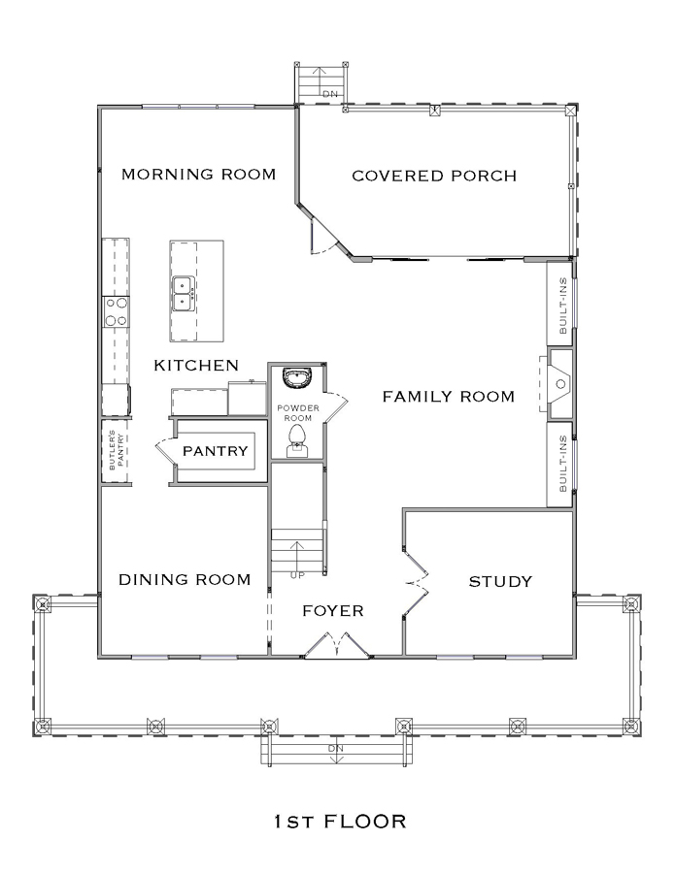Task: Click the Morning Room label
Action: pyautogui.click(x=198, y=175)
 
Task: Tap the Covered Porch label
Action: pyautogui.click(x=434, y=176)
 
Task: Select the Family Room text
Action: pyautogui.click(x=448, y=397)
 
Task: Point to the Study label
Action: pyautogui.click(x=500, y=582)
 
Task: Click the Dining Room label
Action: pyautogui.click(x=185, y=580)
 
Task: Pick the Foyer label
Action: pyautogui.click(x=333, y=611)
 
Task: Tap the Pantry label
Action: pyautogui.click(x=216, y=450)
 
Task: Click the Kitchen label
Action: pyautogui.click(x=196, y=366)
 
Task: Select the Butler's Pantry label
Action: pyautogui.click(x=116, y=450)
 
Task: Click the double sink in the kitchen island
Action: pyautogui.click(x=184, y=293)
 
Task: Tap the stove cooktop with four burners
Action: pyautogui.click(x=116, y=311)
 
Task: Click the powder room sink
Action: pyautogui.click(x=296, y=377)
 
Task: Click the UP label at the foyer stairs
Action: pyautogui.click(x=297, y=575)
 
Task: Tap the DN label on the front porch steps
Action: pyautogui.click(x=336, y=748)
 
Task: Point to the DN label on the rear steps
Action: pyautogui.click(x=330, y=94)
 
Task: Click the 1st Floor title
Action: pyautogui.click(x=340, y=822)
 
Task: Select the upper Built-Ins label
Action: pyautogui.click(x=562, y=306)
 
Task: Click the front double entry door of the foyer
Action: pyautogui.click(x=337, y=645)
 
